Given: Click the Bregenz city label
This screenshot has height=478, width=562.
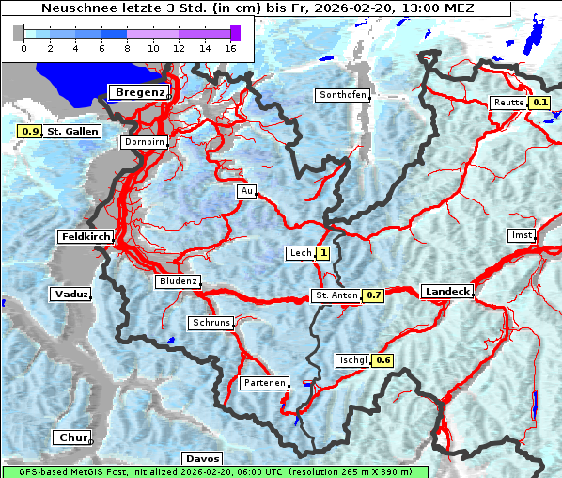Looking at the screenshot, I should pyautogui.click(x=140, y=92).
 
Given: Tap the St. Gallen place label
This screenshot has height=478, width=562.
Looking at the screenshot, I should pyautogui.click(x=72, y=132).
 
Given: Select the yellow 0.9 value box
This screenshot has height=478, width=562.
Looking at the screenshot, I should pyautogui.click(x=29, y=132).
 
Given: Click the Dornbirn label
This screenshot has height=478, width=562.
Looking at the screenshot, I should pyautogui.click(x=144, y=142).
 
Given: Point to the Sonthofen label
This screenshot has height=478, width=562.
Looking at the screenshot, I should pyautogui.click(x=342, y=95).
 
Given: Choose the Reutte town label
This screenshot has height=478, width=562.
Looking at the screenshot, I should pyautogui.click(x=507, y=103).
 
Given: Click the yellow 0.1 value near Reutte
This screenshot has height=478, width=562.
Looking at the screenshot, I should pyautogui.click(x=539, y=103).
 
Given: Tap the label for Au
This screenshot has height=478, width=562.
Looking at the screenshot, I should pyautogui.click(x=246, y=191).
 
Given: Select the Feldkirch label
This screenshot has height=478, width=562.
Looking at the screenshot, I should pyautogui.click(x=86, y=236).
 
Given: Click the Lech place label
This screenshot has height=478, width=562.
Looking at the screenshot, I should pyautogui.click(x=300, y=253).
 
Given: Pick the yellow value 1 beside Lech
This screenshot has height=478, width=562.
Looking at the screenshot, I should pyautogui.click(x=323, y=253).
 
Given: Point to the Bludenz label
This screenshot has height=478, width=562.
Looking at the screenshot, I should pyautogui.click(x=178, y=281).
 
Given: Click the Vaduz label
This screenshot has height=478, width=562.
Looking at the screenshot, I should pyautogui.click(x=71, y=295).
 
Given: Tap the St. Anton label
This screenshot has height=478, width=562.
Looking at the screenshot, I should pyautogui.click(x=336, y=295).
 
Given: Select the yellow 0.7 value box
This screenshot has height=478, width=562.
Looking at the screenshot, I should pyautogui.click(x=374, y=295).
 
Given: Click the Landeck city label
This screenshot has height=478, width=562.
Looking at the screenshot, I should pyautogui.click(x=447, y=292).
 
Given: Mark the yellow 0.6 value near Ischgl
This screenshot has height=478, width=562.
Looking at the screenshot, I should pyautogui.click(x=382, y=360).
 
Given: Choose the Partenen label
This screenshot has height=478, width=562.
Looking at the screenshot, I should pyautogui.click(x=264, y=383).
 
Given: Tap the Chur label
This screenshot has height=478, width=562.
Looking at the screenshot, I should pyautogui.click(x=70, y=438).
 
